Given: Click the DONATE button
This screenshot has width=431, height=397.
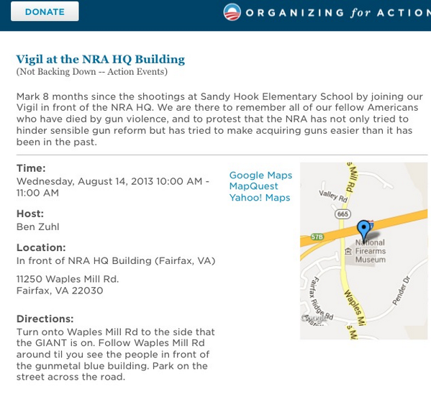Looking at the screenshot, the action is (x=44, y=12).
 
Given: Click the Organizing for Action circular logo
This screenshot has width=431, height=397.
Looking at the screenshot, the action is (x=232, y=12).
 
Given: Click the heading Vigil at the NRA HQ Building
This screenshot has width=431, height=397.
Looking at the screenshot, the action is (x=100, y=60).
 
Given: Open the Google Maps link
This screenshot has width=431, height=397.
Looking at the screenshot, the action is (x=260, y=175).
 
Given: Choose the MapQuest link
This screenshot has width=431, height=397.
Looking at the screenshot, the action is (x=249, y=186).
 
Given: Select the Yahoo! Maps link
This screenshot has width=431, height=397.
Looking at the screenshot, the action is (x=260, y=198).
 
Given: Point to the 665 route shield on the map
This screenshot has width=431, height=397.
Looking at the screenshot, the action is (x=342, y=214).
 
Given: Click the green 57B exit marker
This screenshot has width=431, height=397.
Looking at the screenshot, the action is (x=317, y=237).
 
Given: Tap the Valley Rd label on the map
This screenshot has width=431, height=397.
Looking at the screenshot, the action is (x=333, y=195).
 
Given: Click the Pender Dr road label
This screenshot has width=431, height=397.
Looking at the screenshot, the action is (x=401, y=291).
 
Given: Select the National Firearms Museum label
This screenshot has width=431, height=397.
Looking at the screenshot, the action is (x=371, y=251).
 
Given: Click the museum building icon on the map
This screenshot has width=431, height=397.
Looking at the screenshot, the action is (x=348, y=251).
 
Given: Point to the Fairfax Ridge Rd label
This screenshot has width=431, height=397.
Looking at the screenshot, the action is (x=318, y=300).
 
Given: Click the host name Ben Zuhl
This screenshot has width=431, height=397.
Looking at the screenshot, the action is (x=37, y=227).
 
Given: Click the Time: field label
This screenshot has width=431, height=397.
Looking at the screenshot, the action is (x=31, y=168).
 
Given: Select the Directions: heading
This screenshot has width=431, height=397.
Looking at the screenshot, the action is (x=45, y=319).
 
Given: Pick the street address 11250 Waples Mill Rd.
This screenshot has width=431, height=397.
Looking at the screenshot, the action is (x=68, y=279).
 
